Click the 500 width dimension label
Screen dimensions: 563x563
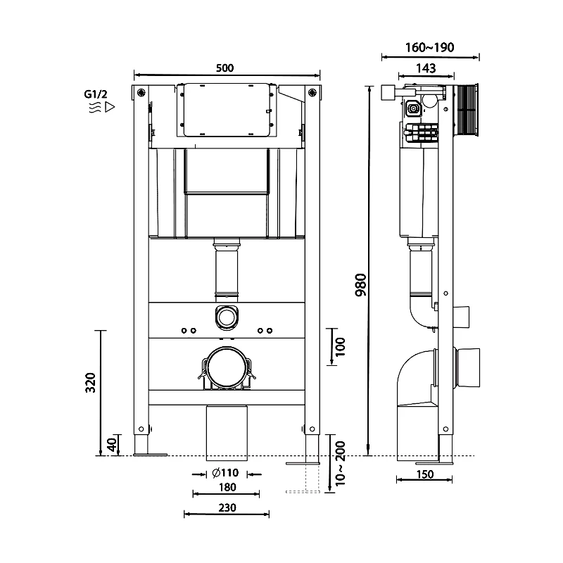(x=224, y=68)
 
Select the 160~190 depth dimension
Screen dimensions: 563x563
(x=430, y=48)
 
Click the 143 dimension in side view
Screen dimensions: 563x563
(x=426, y=68)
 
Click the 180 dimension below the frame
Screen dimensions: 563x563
(x=225, y=487)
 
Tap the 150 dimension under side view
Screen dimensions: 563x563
(x=424, y=474)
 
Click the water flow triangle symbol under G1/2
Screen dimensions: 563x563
(x=109, y=108)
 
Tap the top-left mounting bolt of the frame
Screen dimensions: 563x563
(x=142, y=92)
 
